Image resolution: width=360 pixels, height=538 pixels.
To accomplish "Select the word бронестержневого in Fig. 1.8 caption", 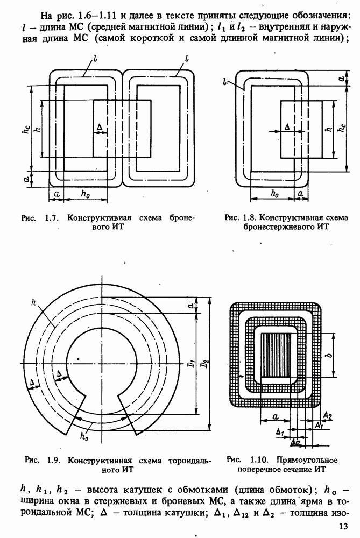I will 265,227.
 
